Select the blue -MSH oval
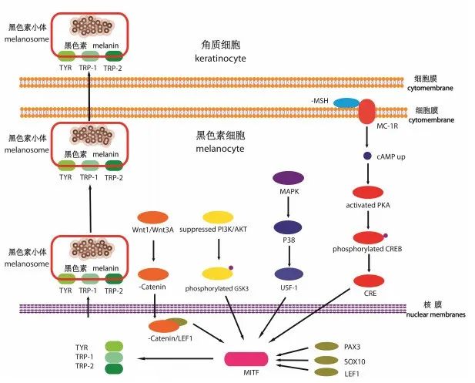click(x=345, y=103)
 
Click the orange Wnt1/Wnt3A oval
click(x=153, y=217)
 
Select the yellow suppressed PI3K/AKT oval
click(x=219, y=217)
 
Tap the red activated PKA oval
click(x=368, y=193)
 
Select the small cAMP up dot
click(x=367, y=156)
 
